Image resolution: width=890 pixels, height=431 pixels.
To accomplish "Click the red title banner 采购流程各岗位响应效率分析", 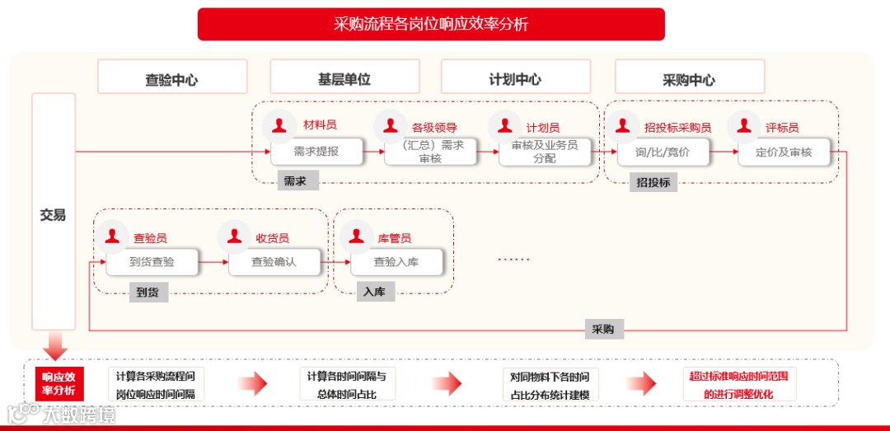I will point(431,24).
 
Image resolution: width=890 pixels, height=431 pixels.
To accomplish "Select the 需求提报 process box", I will point(316,152).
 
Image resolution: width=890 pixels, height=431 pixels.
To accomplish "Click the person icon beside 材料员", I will point(279,125).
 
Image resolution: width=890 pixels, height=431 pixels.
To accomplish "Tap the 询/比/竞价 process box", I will point(663,152).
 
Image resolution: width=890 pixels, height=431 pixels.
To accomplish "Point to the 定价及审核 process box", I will point(784,152).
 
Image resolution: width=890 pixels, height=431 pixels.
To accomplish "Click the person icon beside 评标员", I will point(744,125).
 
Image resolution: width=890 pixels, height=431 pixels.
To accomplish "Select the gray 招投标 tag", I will point(653,183).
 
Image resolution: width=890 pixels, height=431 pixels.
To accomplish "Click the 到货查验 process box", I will point(152,262).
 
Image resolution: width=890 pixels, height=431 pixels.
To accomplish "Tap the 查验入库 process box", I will point(396,262).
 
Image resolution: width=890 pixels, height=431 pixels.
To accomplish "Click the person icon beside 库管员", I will point(356,236).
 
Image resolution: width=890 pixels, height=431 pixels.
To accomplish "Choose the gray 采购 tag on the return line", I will point(603,330).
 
